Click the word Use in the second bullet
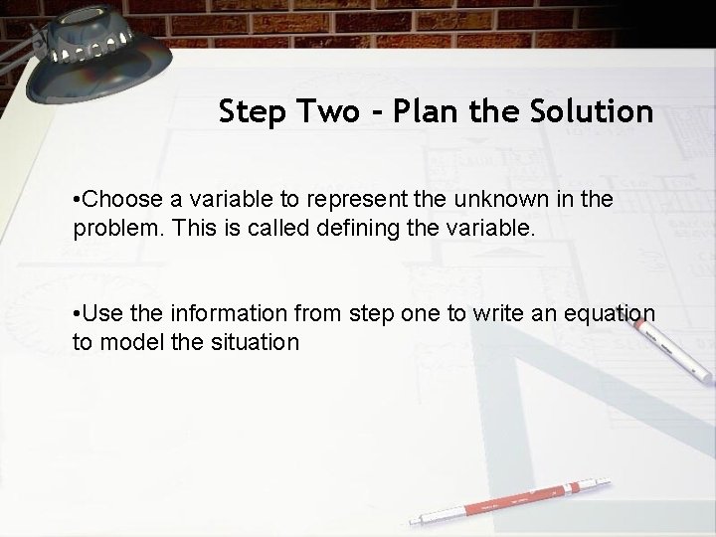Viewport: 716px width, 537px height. [x=100, y=315]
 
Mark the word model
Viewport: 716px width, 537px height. [x=124, y=342]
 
